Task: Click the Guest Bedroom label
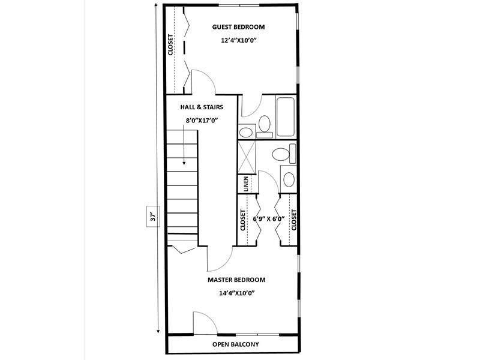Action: pyautogui.click(x=238, y=27)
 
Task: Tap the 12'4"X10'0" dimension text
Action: pyautogui.click(x=238, y=40)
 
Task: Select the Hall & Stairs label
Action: pyautogui.click(x=202, y=107)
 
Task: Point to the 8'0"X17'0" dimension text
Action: pyautogui.click(x=202, y=121)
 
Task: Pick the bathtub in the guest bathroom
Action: pyautogui.click(x=286, y=116)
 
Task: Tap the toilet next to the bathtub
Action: pyautogui.click(x=264, y=126)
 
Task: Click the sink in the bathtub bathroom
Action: pyautogui.click(x=246, y=133)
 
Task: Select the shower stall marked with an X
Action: pyautogui.click(x=247, y=157)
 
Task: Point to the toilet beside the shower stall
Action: pyautogui.click(x=284, y=154)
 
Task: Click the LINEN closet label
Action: pyautogui.click(x=246, y=184)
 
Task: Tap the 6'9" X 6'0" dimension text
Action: pyautogui.click(x=269, y=219)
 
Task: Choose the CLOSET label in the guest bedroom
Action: pyautogui.click(x=170, y=44)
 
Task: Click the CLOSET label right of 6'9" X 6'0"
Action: pyautogui.click(x=294, y=220)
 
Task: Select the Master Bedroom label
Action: pyautogui.click(x=236, y=280)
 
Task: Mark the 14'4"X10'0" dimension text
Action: pyautogui.click(x=237, y=293)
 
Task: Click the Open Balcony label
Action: pyautogui.click(x=236, y=344)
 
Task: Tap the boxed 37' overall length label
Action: pyautogui.click(x=153, y=217)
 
